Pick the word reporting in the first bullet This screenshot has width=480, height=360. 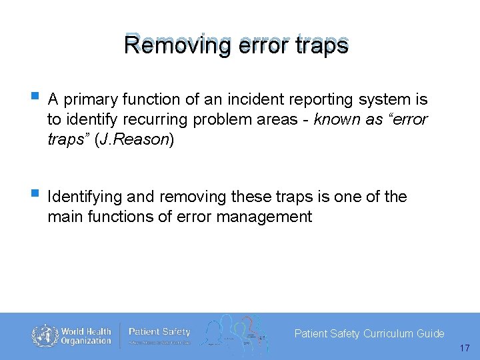tap(313, 100)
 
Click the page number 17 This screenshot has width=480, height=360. tap(465, 348)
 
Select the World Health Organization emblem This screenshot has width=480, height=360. tap(45, 335)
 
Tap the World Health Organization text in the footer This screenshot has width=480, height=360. tap(86, 336)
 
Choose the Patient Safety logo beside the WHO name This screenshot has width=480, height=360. tap(159, 335)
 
